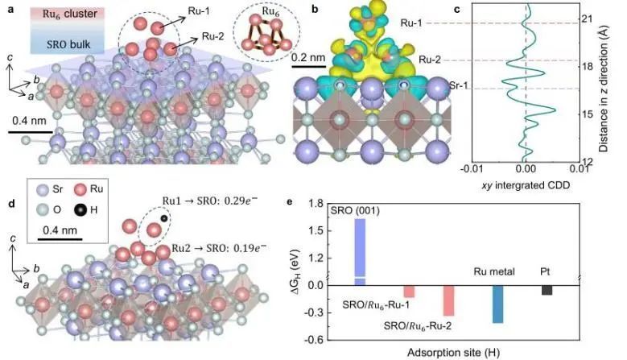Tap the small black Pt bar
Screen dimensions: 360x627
pyautogui.click(x=547, y=290)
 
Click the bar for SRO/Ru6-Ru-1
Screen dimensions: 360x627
pyautogui.click(x=409, y=291)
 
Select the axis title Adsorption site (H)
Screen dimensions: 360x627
pyautogui.click(x=459, y=353)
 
